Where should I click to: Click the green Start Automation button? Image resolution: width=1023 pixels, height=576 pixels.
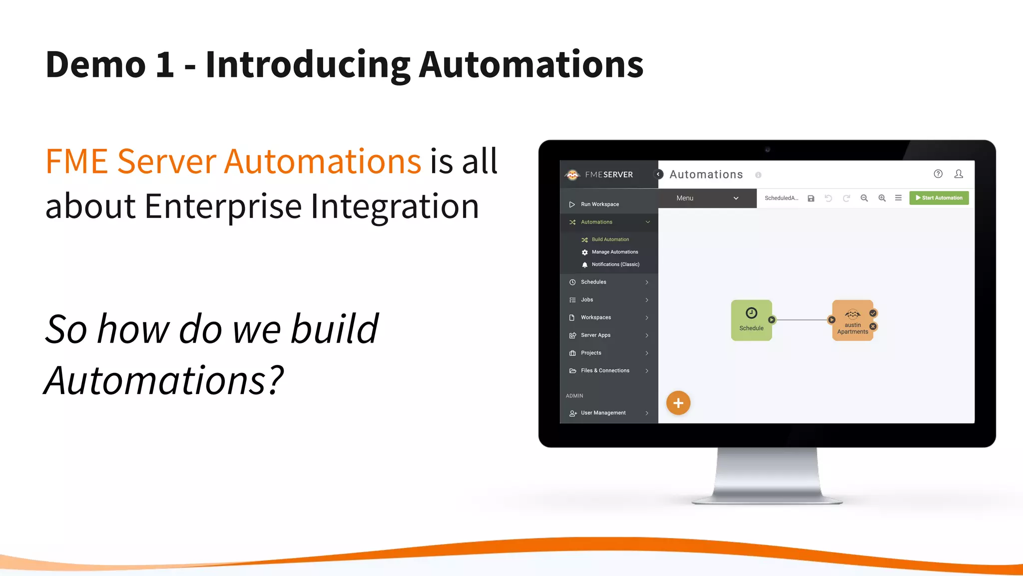939,198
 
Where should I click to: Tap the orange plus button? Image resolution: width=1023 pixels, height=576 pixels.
678,403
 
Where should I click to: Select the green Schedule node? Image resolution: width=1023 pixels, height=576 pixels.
751,320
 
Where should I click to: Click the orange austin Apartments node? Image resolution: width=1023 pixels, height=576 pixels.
852,320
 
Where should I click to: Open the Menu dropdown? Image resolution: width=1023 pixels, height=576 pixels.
707,198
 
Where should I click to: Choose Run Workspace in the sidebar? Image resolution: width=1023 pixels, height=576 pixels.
599,204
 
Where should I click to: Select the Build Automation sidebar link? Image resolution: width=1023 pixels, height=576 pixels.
610,239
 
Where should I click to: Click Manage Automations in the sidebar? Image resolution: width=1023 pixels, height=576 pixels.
614,252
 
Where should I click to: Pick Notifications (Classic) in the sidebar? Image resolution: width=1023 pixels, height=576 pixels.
615,264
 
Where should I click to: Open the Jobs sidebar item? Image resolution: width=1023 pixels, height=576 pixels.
587,300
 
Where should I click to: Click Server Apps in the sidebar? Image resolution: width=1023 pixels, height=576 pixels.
595,335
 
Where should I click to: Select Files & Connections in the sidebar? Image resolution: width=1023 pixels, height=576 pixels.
605,370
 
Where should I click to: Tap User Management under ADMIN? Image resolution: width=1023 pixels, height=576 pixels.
603,413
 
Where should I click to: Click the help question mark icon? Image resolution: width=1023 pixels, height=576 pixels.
938,174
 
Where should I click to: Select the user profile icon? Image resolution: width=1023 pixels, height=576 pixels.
959,174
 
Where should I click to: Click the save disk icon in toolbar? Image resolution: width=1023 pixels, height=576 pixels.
811,198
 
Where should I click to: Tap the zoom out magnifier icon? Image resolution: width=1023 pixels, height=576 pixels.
864,198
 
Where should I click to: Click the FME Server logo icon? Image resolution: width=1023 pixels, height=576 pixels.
572,174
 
